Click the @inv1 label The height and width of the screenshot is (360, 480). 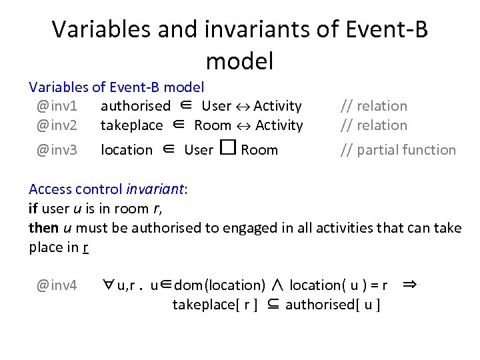tap(57, 106)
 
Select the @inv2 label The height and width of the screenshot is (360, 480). tap(57, 125)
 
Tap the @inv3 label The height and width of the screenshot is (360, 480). tap(57, 150)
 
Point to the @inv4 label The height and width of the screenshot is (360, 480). tap(57, 285)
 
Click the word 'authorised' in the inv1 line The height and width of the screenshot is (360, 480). tap(135, 106)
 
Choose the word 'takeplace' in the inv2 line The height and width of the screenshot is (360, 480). tap(131, 125)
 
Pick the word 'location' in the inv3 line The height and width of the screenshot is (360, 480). tap(126, 150)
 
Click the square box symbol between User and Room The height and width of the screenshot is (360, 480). tap(227, 150)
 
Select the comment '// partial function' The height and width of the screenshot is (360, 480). tap(398, 150)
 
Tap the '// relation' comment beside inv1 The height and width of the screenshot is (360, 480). tap(373, 106)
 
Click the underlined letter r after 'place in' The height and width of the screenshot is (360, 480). tap(85, 247)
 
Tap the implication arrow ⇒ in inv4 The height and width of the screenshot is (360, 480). tap(410, 285)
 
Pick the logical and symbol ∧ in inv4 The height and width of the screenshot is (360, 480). tap(278, 285)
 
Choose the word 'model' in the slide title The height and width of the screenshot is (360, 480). tap(240, 61)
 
